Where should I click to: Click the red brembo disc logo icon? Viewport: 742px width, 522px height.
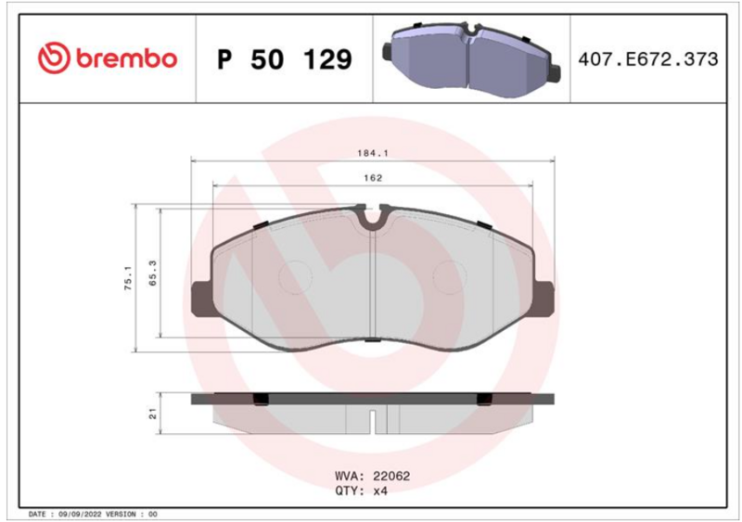point(54,58)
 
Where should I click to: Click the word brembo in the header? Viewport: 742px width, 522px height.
point(126,58)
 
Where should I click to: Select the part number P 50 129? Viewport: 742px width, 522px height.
point(285,59)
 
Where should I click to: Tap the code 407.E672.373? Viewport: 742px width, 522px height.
point(647,59)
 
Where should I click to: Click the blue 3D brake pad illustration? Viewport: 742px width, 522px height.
point(471,58)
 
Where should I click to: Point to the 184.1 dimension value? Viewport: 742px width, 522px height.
point(373,153)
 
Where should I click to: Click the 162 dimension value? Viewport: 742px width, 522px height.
point(373,178)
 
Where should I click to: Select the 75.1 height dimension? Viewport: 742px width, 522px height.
point(129,278)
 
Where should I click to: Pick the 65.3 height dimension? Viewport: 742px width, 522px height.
point(152,274)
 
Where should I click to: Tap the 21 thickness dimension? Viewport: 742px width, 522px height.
point(152,414)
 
